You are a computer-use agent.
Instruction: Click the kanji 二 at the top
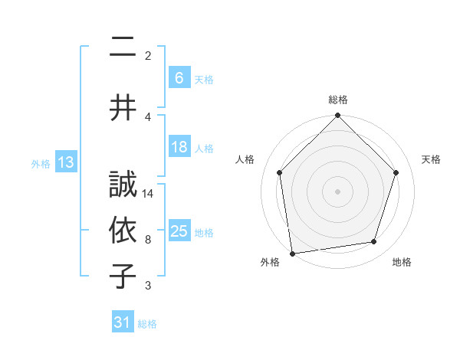[123, 47]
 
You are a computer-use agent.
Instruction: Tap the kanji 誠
[123, 185]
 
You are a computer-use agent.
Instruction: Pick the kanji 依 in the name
[123, 231]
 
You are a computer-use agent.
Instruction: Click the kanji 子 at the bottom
[123, 277]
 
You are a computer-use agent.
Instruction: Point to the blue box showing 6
[179, 78]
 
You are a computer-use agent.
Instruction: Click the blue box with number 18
[179, 147]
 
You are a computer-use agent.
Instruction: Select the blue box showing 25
[179, 232]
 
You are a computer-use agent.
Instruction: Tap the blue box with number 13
[65, 162]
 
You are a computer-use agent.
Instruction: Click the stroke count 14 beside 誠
[148, 194]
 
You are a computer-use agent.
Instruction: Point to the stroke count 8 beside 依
[148, 240]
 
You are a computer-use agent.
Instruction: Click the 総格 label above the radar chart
[338, 100]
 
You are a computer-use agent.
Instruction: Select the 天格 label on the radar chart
[431, 159]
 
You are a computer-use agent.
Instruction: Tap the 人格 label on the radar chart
[245, 159]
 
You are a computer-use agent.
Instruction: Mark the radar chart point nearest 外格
[292, 253]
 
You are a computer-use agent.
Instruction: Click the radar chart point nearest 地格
[374, 241]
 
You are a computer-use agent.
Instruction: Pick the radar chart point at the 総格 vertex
[338, 116]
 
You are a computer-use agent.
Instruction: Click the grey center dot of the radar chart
[338, 191]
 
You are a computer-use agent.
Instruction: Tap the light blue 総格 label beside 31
[147, 324]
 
